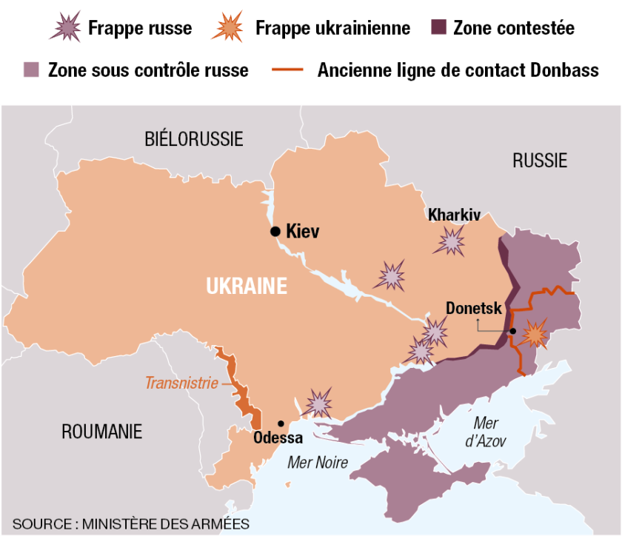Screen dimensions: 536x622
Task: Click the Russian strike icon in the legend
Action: click(64, 27)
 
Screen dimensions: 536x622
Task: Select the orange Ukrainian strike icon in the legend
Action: click(227, 27)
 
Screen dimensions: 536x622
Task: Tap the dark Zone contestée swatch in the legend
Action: click(439, 28)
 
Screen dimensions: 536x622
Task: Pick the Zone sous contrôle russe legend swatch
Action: click(32, 70)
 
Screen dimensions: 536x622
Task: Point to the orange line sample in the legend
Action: click(288, 70)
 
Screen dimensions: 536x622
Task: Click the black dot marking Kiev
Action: click(275, 232)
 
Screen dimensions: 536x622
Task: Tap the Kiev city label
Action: click(302, 232)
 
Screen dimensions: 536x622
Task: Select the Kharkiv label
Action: click(454, 215)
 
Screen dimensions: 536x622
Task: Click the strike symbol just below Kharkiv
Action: click(450, 241)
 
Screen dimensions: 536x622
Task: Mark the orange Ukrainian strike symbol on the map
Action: click(533, 335)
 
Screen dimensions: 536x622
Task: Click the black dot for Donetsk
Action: click(512, 331)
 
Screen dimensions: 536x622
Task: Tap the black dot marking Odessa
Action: click(281, 423)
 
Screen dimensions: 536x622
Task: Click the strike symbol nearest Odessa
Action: click(319, 403)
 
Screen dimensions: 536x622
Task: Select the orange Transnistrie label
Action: click(181, 383)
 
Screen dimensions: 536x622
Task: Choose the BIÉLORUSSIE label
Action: click(194, 138)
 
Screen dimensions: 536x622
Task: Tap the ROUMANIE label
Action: click(101, 432)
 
